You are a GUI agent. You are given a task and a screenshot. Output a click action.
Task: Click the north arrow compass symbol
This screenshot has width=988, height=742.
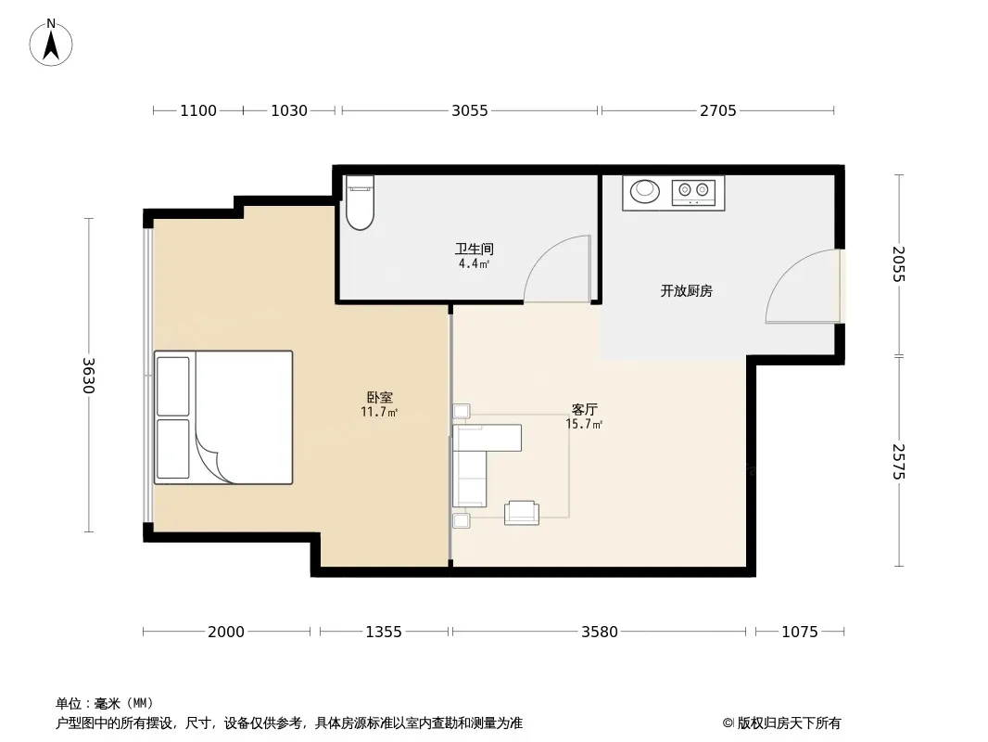point(51,43)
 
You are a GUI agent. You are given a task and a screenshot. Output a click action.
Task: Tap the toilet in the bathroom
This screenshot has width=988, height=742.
point(360,202)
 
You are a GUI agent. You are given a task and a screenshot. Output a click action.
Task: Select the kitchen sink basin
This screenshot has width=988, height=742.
point(644,190)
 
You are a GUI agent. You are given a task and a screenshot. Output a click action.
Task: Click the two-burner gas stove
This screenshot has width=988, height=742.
point(693,192)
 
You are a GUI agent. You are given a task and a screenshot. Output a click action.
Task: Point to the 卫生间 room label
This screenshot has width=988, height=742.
point(474,249)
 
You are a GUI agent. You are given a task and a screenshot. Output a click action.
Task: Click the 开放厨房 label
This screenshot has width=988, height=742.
point(686,290)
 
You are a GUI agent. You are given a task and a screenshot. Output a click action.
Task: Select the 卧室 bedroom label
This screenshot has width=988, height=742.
point(379,397)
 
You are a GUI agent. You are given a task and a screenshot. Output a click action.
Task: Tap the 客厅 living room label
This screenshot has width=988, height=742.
point(584,409)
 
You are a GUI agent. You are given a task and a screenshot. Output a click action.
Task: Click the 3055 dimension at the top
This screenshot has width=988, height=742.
point(469,110)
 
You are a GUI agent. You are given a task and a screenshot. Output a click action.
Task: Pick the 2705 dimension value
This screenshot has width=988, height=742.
point(717,110)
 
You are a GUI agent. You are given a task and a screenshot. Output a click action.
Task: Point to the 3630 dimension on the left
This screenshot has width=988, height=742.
point(88,375)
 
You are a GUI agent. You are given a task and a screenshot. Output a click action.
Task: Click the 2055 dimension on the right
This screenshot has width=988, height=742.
point(898,264)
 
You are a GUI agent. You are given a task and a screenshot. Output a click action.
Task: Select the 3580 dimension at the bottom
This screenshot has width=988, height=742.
point(600,632)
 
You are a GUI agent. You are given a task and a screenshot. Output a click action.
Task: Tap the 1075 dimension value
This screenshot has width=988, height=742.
point(800,632)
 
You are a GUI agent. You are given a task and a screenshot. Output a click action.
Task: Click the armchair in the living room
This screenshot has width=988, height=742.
point(522,513)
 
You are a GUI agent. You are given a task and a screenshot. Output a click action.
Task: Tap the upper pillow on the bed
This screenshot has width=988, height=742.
point(172,387)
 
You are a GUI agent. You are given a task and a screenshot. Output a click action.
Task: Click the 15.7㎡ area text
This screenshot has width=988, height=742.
point(584,424)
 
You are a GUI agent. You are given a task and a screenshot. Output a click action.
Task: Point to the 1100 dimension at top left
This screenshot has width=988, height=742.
point(198,110)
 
